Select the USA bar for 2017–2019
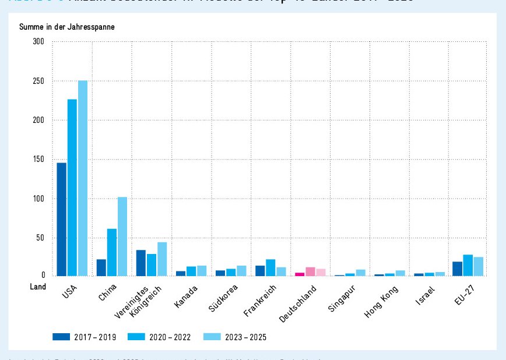[61, 219]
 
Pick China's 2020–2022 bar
[112, 252]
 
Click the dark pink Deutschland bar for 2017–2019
[300, 274]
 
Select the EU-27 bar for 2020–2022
[468, 265]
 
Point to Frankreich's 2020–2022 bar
[270, 267]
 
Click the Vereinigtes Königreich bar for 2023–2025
[162, 259]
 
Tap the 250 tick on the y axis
[39, 81]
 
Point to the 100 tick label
[39, 199]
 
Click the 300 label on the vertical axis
[39, 42]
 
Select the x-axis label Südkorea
[224, 297]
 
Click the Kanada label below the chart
[186, 295]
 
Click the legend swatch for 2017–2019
[61, 337]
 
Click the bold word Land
[38, 287]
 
